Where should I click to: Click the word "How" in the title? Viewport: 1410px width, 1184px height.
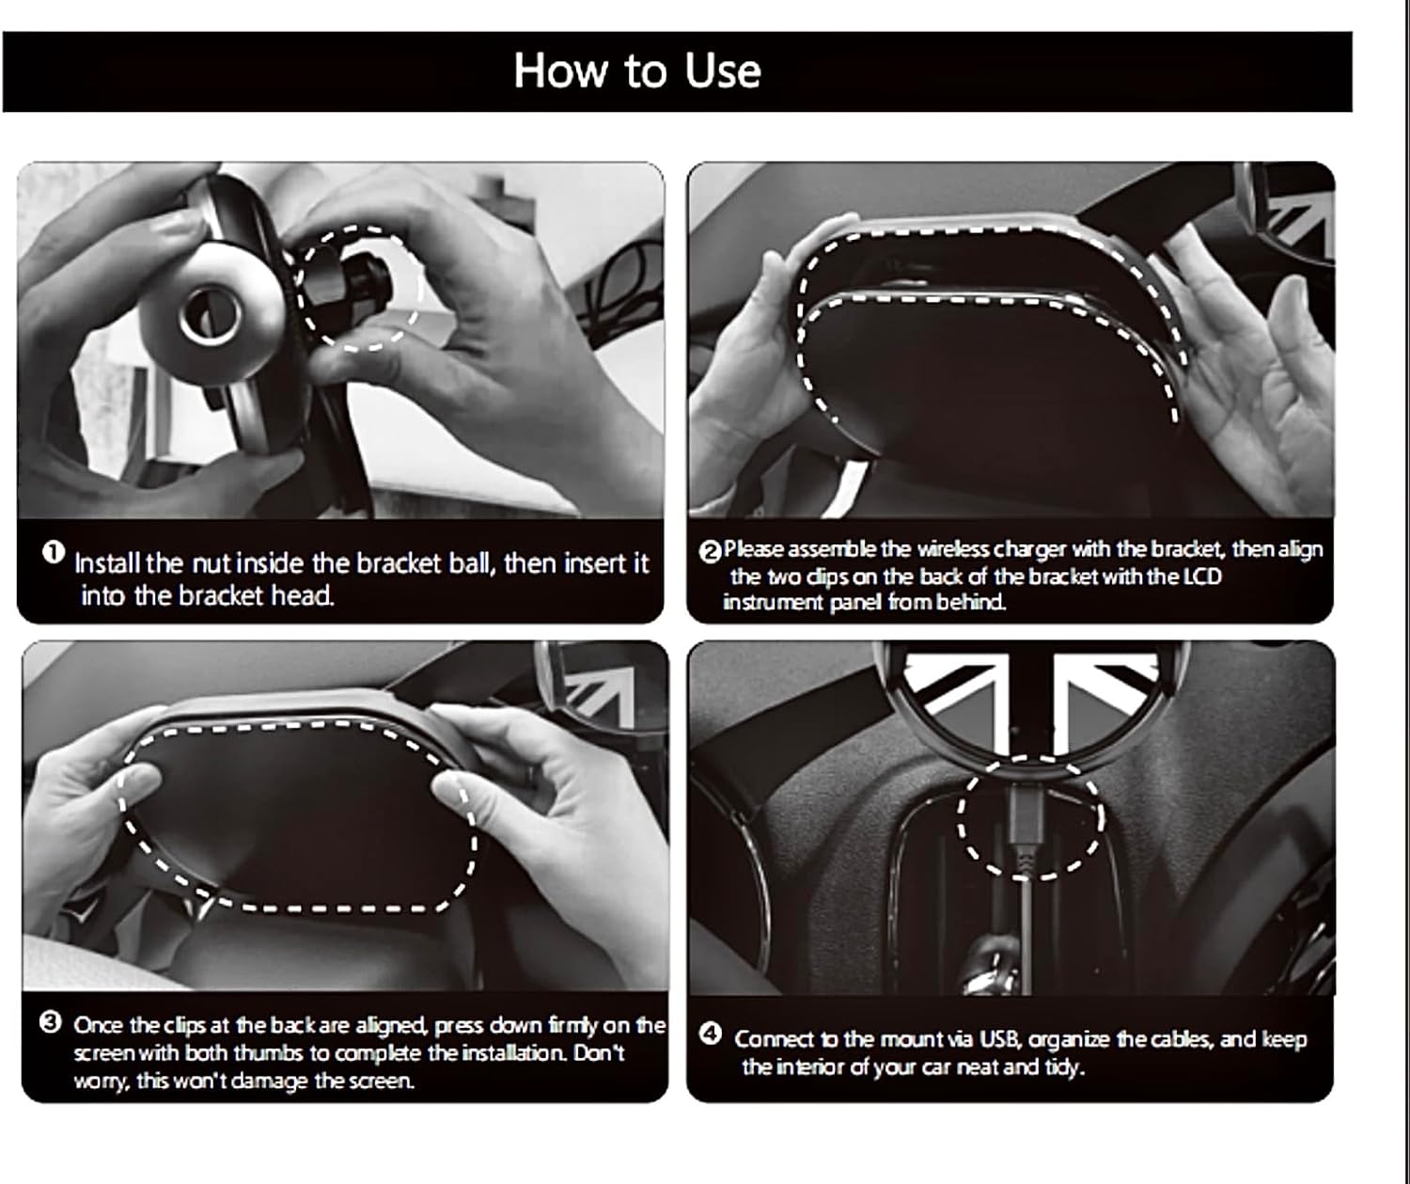pyautogui.click(x=560, y=71)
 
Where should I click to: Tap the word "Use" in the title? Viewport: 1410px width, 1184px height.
pyautogui.click(x=723, y=71)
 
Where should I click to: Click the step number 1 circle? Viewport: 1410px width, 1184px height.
pyautogui.click(x=54, y=552)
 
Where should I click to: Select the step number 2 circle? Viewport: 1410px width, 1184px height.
pyautogui.click(x=711, y=552)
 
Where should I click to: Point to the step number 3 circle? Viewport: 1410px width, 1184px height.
pyautogui.click(x=51, y=1023)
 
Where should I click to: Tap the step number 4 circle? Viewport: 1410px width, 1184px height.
pyautogui.click(x=710, y=1034)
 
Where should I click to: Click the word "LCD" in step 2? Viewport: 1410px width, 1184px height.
pyautogui.click(x=1202, y=576)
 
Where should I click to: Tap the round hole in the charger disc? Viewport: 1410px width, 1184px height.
pyautogui.click(x=210, y=316)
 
